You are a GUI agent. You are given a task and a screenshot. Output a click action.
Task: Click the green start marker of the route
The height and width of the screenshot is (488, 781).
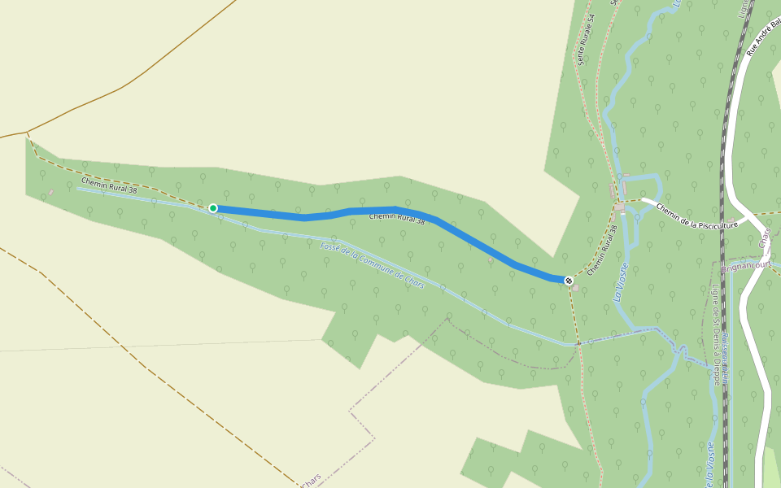coord(213,208)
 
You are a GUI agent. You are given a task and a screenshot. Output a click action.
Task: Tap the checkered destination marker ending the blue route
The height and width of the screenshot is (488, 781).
coord(569,281)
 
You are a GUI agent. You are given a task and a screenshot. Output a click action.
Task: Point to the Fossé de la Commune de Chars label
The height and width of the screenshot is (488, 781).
coord(373,267)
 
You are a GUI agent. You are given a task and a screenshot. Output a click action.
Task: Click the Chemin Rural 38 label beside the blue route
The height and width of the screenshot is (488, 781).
coord(397,218)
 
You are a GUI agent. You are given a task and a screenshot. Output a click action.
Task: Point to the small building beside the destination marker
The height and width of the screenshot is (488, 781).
coord(576,288)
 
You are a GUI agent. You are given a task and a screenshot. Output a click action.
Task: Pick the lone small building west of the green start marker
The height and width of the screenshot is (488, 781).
coord(50,192)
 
